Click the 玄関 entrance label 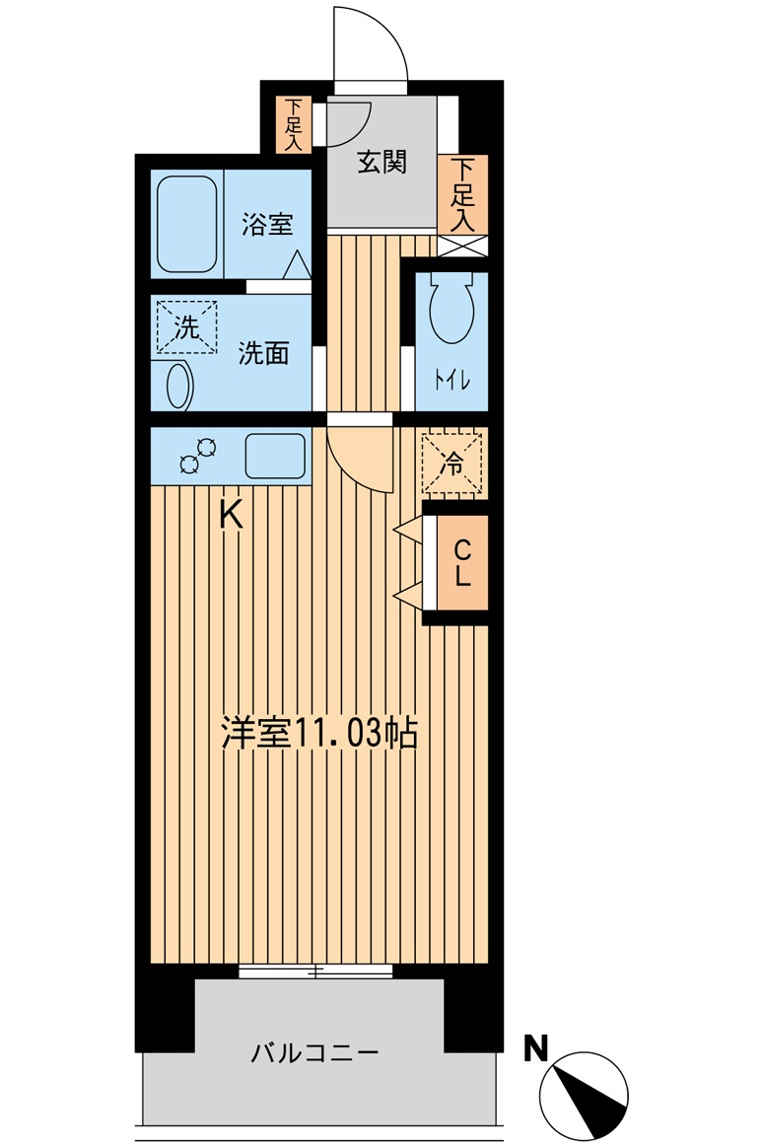click(x=381, y=163)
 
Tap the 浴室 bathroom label click(x=267, y=224)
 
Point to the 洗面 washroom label click(x=263, y=353)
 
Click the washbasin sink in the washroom click(x=178, y=386)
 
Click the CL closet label click(x=462, y=562)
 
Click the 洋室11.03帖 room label click(x=318, y=734)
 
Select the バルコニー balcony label click(x=314, y=1053)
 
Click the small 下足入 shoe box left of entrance click(x=293, y=124)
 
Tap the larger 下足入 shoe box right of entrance click(x=461, y=193)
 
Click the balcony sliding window click(x=315, y=971)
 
